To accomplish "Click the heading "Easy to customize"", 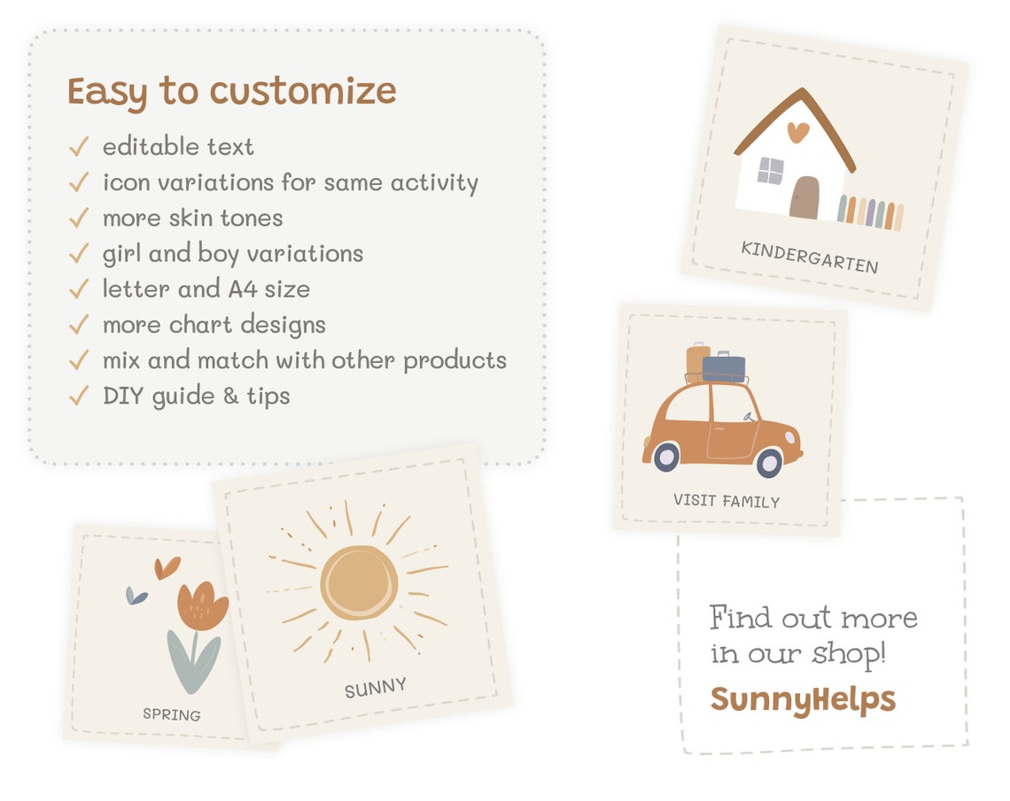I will click(231, 92).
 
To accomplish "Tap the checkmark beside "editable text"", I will click(79, 146).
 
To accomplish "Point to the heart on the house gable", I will click(798, 132).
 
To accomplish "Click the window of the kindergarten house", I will click(770, 171).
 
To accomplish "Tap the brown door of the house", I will click(804, 197).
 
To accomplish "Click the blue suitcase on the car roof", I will click(725, 366).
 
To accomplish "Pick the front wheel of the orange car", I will click(769, 461).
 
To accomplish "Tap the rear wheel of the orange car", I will click(665, 457).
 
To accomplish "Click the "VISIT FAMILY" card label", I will click(726, 501).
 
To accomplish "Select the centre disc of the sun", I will click(358, 582).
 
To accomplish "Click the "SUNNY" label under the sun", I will click(376, 688).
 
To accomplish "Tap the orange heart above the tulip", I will click(167, 566).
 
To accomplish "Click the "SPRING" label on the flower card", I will click(172, 714).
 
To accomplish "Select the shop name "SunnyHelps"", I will click(803, 699).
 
